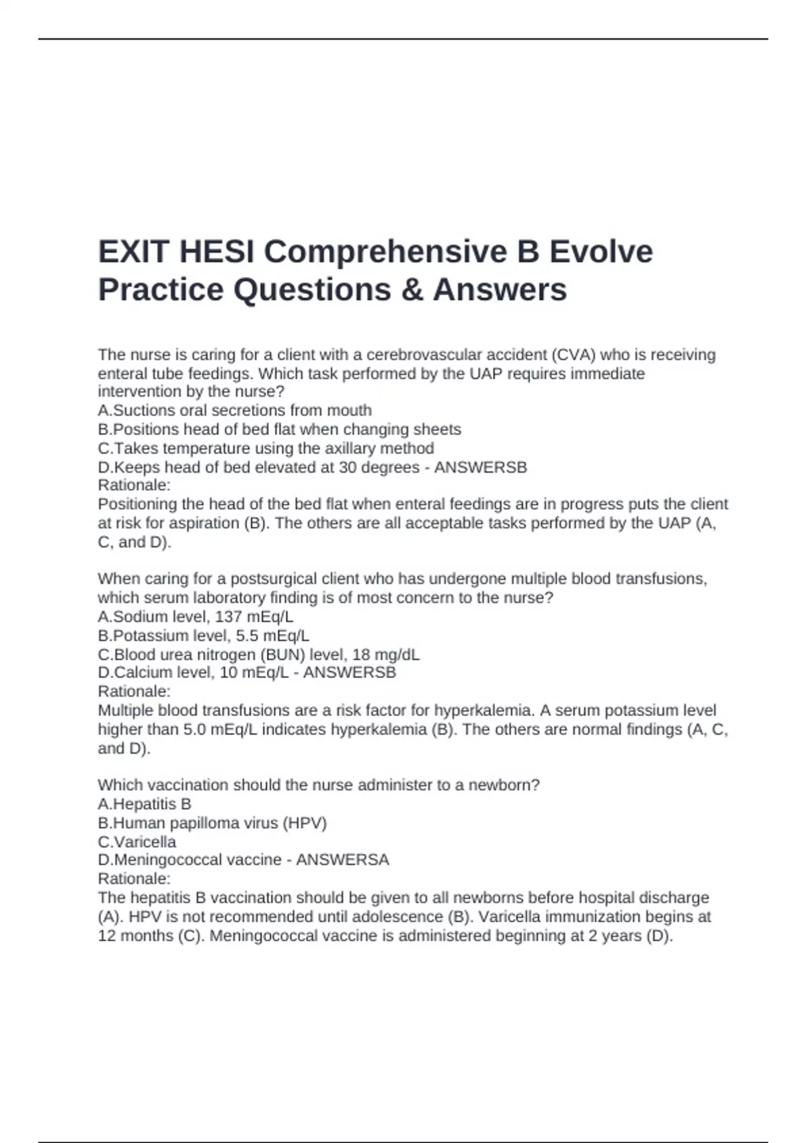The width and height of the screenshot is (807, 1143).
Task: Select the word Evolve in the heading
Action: (601, 252)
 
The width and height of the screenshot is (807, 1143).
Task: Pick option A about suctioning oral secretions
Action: (235, 410)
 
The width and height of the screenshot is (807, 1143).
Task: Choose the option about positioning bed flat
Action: (279, 429)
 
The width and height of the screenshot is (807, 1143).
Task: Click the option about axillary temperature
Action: (266, 448)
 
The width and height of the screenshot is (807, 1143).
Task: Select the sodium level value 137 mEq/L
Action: (254, 617)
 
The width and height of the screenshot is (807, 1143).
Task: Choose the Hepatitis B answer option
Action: (145, 803)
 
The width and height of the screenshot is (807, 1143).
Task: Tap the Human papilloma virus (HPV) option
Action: (212, 822)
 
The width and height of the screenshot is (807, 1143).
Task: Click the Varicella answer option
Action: (137, 841)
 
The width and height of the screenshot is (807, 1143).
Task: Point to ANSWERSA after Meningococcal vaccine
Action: (342, 859)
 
